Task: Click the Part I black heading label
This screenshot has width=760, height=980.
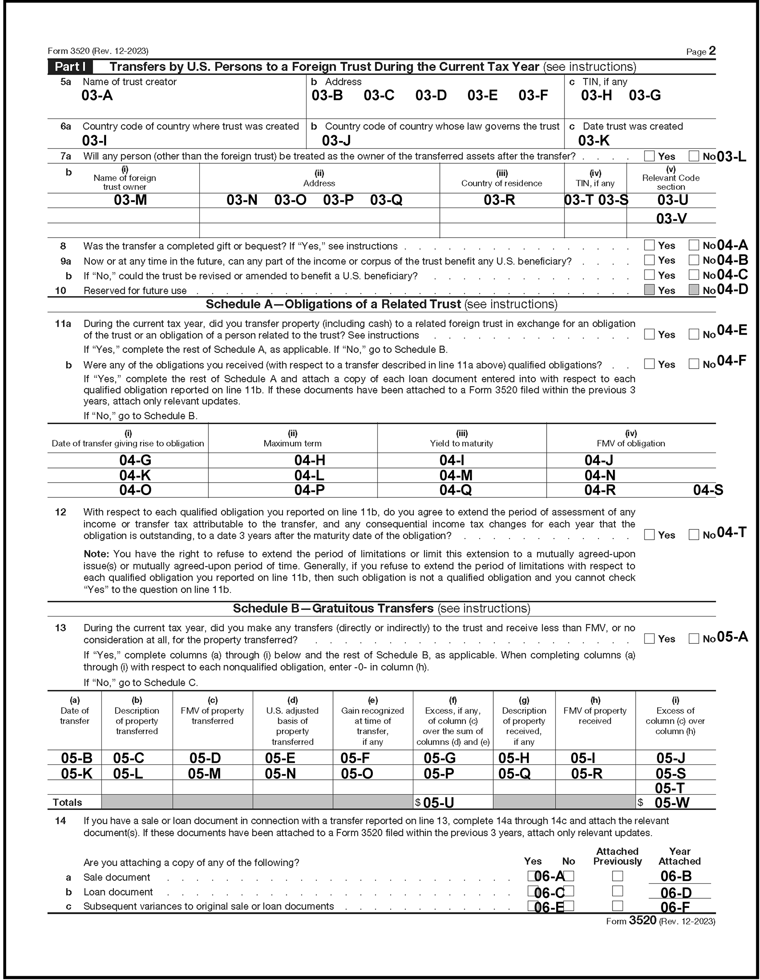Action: (x=70, y=67)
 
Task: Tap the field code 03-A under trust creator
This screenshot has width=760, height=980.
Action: (x=97, y=96)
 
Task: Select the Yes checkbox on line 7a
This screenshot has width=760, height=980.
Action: (x=649, y=156)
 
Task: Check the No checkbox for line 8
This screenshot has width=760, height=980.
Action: (x=694, y=245)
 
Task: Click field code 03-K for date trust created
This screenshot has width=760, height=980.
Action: (x=593, y=141)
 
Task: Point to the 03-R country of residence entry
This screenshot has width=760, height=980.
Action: (x=499, y=200)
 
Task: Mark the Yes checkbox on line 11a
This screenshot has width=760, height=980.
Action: (x=649, y=334)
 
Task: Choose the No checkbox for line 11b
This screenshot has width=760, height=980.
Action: (x=694, y=364)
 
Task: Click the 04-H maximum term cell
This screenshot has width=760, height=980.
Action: (x=309, y=461)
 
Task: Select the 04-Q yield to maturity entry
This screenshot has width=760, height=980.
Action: (x=455, y=490)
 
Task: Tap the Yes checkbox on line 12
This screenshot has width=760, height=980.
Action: (x=649, y=534)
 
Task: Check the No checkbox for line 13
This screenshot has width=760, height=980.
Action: (x=694, y=638)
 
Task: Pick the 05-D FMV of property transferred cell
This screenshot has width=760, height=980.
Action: (x=205, y=758)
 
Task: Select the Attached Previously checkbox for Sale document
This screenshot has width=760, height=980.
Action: (x=618, y=876)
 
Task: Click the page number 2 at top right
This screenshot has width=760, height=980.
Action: (x=712, y=51)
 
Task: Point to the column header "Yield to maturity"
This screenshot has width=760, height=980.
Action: (x=461, y=443)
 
